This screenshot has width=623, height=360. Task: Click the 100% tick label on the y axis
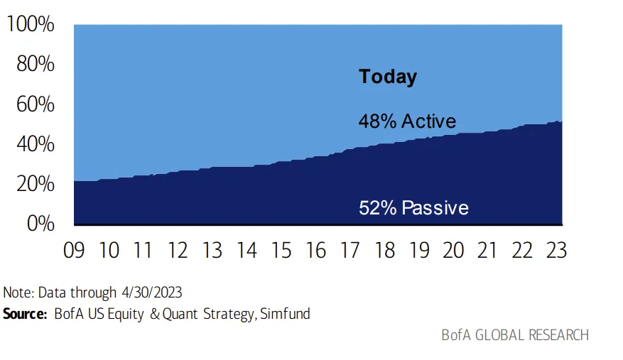31,24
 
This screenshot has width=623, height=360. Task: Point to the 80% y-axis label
36,64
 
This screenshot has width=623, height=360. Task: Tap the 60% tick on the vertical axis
36,104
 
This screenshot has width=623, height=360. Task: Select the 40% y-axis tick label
36,144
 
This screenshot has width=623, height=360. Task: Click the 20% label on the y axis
36,184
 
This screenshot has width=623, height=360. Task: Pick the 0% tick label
40,223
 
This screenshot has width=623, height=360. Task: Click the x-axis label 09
74,251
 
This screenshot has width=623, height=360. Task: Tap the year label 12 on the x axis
178,251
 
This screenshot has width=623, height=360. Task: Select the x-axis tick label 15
281,251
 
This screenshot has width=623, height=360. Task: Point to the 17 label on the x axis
350,251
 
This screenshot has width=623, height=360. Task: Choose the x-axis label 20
453,251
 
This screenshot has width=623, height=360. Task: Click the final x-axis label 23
556,251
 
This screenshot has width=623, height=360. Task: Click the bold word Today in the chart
388,77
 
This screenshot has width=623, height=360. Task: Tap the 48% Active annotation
407,121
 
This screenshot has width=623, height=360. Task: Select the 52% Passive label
413,208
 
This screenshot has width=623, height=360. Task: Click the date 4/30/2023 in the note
152,293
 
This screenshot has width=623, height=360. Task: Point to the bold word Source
25,314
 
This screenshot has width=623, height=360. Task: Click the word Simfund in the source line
285,314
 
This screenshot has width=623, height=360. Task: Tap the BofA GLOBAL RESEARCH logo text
515,335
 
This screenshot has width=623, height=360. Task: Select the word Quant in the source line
180,315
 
